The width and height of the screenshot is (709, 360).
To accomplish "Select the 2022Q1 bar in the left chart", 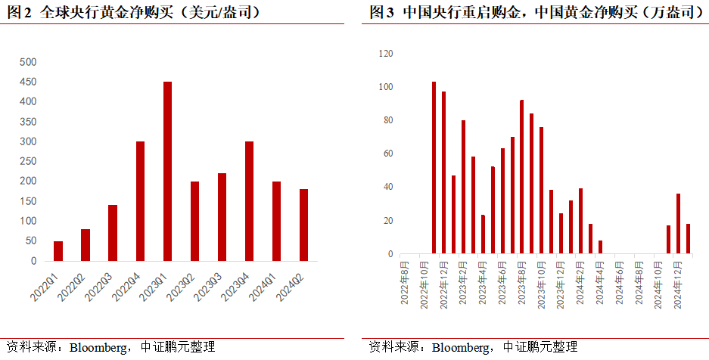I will (x=58, y=251).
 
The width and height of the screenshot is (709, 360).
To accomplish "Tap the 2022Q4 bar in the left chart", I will (x=140, y=201).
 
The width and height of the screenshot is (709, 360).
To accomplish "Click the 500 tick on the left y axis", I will (x=27, y=62).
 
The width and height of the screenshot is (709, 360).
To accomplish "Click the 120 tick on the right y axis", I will (x=386, y=54).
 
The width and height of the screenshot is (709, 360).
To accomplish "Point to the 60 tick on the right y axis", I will (x=388, y=154).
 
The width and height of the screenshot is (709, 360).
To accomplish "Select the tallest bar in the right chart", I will (x=434, y=168).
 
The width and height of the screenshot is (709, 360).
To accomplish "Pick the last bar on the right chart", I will (x=688, y=238).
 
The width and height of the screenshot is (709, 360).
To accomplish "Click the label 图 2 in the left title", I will (x=20, y=13).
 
